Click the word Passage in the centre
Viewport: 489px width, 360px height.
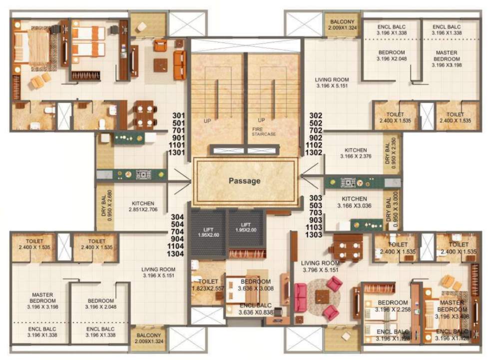click(245, 181)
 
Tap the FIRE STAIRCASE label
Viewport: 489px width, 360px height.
click(264, 131)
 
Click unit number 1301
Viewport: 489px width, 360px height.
click(178, 152)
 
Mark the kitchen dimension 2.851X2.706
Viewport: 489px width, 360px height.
click(143, 211)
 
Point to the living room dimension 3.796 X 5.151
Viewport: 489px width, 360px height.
click(321, 270)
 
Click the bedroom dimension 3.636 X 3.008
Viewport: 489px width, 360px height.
click(256, 288)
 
